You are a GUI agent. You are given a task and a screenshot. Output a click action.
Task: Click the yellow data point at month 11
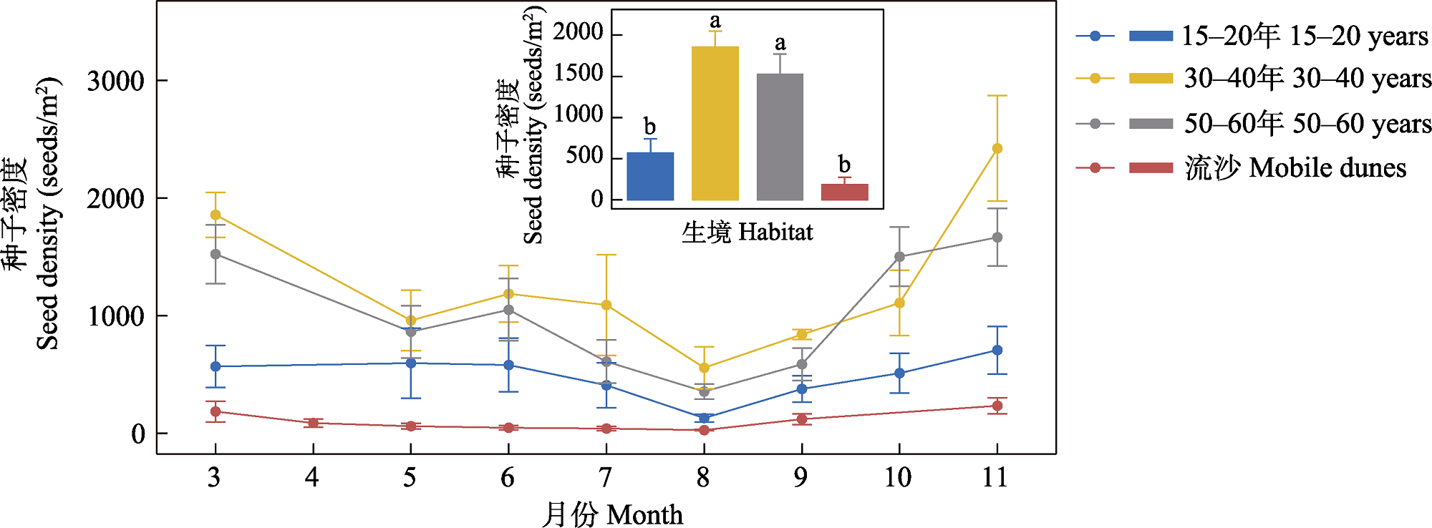coord(997,149)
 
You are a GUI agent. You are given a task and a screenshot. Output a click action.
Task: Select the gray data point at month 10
coord(899,257)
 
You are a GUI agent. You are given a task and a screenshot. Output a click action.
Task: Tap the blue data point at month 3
coord(216,366)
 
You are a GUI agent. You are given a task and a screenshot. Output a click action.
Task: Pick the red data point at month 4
coord(313,423)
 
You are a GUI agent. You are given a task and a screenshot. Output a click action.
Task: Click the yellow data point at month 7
coord(606,305)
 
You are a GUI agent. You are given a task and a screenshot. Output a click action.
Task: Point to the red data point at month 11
coord(997,406)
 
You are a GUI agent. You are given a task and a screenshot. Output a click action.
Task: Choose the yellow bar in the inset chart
coord(715,123)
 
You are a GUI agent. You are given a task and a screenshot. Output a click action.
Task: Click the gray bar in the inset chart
coord(780,137)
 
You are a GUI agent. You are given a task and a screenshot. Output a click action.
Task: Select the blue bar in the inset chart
coord(650,176)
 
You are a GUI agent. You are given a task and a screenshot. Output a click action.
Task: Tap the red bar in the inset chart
coord(844,192)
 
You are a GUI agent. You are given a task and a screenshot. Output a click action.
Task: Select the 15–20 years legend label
coord(1304,36)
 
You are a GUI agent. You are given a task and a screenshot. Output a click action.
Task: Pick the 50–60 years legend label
coord(1307,124)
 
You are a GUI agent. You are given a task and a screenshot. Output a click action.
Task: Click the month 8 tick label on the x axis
coord(703,477)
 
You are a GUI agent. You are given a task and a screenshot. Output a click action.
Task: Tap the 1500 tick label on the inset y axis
coord(579,74)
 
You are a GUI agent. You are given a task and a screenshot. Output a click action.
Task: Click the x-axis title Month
coord(612,514)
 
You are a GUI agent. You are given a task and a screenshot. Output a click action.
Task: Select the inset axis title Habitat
coord(747,232)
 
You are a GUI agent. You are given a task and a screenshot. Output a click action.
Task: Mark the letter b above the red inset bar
coord(844,164)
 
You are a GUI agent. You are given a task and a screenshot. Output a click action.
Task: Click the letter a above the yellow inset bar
coord(715,21)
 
